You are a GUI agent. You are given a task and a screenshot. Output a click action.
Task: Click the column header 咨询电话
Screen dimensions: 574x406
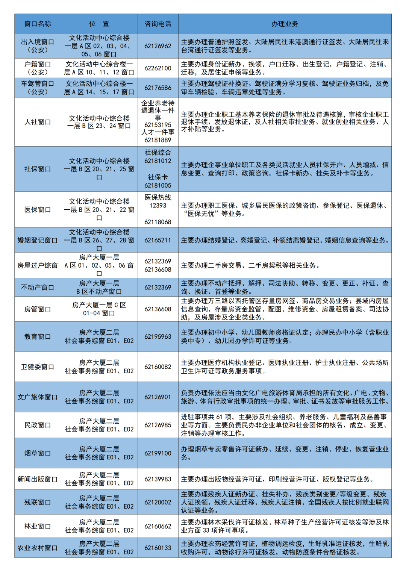(x=158, y=24)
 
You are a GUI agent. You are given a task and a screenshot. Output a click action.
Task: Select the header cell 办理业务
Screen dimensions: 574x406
(x=285, y=24)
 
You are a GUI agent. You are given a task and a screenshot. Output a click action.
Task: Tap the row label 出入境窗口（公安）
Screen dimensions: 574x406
(x=38, y=46)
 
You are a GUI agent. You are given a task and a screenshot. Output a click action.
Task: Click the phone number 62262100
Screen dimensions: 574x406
(x=158, y=68)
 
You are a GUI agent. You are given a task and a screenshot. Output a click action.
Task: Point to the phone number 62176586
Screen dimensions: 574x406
(x=158, y=88)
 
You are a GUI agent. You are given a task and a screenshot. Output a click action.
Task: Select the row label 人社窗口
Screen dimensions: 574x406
(x=38, y=122)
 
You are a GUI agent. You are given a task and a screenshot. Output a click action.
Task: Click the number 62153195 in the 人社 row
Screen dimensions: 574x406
(x=158, y=125)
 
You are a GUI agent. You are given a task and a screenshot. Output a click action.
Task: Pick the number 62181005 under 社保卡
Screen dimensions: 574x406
(x=158, y=185)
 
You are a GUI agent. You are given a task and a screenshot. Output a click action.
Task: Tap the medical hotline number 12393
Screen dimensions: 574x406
(x=158, y=206)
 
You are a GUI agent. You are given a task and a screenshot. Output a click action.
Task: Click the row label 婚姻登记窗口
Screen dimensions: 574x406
(x=38, y=240)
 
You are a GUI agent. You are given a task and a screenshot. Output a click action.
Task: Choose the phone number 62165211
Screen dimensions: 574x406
(x=158, y=240)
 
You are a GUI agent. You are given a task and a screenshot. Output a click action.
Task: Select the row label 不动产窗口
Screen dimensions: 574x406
(x=38, y=287)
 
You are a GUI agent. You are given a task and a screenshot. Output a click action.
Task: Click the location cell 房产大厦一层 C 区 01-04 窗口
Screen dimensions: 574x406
(x=99, y=309)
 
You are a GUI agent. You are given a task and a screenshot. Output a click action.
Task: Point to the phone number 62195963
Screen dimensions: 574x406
(x=158, y=336)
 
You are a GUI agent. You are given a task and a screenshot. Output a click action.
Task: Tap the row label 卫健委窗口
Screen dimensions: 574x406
(x=38, y=367)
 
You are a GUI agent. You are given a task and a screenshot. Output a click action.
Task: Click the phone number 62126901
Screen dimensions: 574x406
(x=158, y=397)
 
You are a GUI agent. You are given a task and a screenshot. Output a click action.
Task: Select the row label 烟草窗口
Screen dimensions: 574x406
(x=38, y=453)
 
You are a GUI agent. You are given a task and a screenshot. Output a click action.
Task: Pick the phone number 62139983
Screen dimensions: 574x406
(x=158, y=479)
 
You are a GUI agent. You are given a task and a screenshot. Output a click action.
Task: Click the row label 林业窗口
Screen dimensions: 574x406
(x=38, y=526)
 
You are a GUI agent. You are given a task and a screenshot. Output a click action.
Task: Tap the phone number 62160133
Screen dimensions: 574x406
(x=158, y=548)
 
